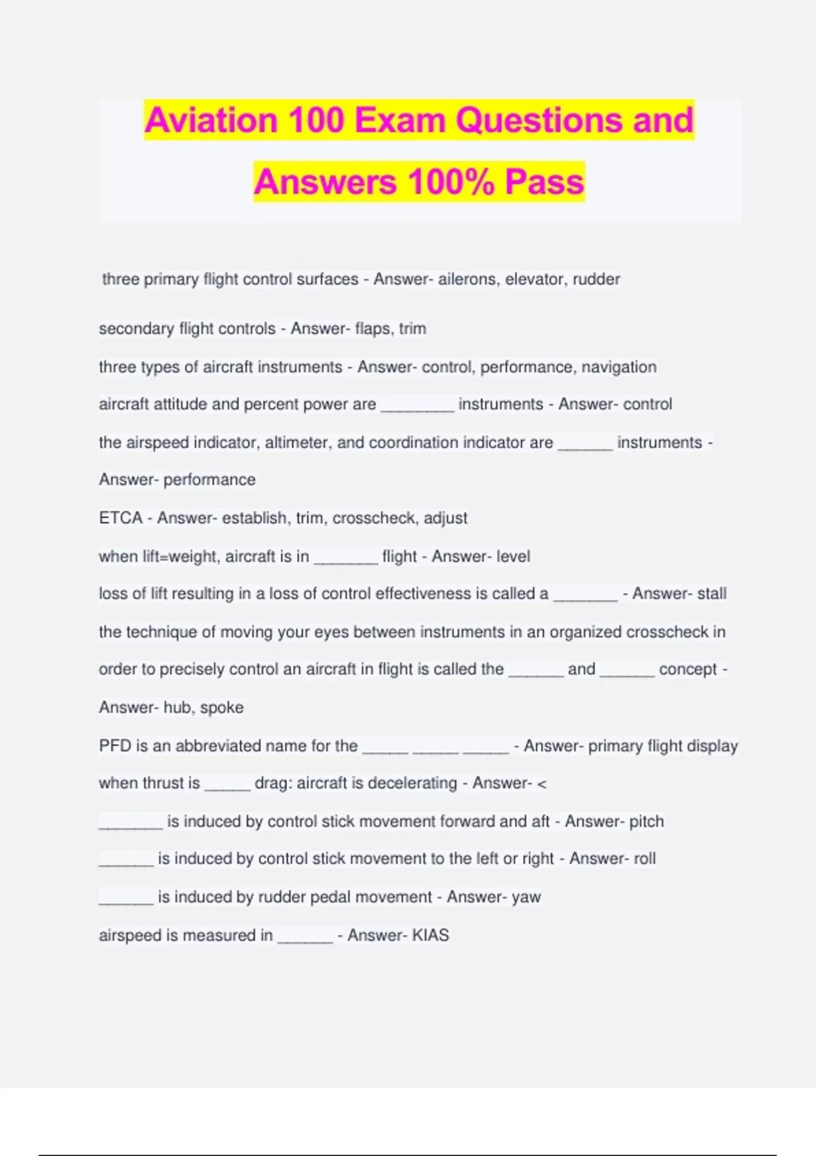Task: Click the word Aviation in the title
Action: click(x=211, y=120)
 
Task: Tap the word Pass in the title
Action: click(x=544, y=182)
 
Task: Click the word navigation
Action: click(x=619, y=367)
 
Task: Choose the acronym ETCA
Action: click(x=120, y=518)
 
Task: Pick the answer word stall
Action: click(x=711, y=594)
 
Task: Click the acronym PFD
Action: click(x=114, y=746)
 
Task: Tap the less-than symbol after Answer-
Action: click(x=542, y=784)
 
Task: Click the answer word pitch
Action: click(x=646, y=821)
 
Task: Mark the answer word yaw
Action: click(x=526, y=898)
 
